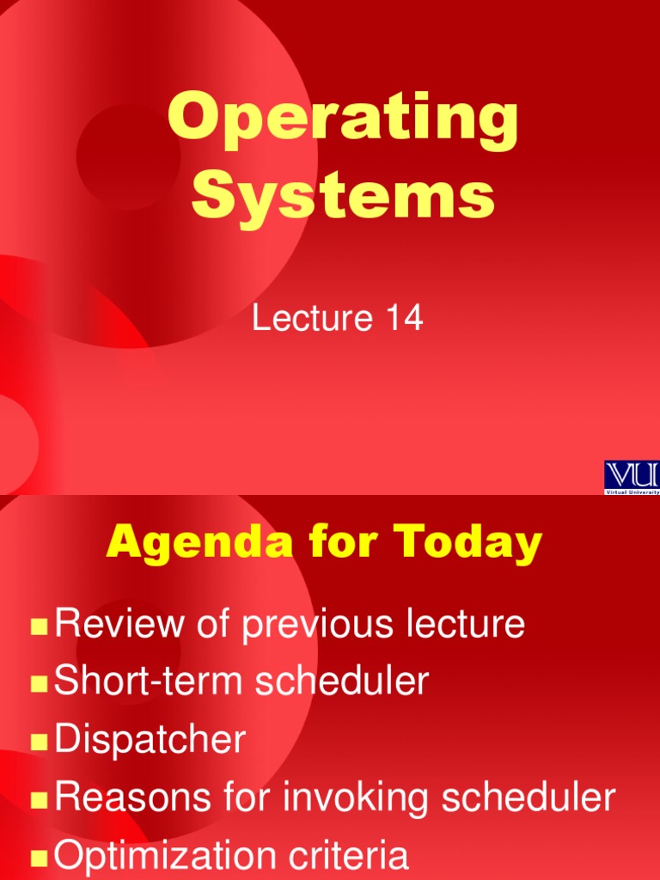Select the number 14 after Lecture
[405, 319]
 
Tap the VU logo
[632, 475]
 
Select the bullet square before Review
[38, 626]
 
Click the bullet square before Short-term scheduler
[38, 684]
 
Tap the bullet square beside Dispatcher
[38, 742]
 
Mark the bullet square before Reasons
[38, 800]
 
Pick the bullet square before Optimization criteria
[38, 858]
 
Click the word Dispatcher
[150, 740]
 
